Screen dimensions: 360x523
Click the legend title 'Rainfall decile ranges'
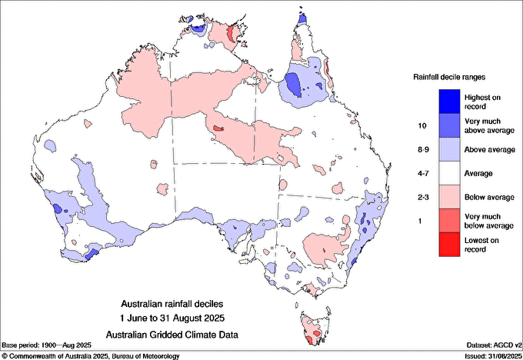(x=448, y=77)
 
